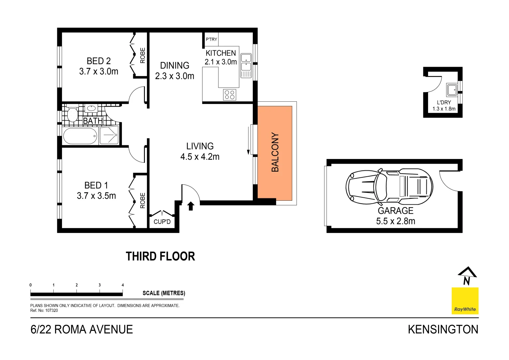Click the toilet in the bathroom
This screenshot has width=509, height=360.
point(72,114)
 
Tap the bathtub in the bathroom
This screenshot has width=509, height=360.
point(80,136)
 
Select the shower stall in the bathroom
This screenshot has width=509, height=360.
point(109,135)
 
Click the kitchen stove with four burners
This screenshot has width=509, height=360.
point(230,95)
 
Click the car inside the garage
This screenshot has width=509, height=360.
point(389,187)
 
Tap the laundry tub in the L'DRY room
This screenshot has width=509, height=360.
point(452,90)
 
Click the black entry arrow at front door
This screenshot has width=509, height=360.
point(191,206)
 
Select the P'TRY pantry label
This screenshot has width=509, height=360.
point(211,39)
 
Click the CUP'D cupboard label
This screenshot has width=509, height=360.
point(162,222)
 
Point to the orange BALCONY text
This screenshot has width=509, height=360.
point(275,152)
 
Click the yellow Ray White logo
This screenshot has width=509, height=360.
point(465,301)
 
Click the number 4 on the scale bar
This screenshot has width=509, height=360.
point(123,285)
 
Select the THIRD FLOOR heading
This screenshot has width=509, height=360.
point(160,256)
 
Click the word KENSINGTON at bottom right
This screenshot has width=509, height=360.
point(443,329)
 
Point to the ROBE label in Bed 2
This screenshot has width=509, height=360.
point(143,55)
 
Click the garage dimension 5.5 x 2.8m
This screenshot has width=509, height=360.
point(395,221)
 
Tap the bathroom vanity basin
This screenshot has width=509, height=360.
point(91,108)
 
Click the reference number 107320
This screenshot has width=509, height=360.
point(52,310)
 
